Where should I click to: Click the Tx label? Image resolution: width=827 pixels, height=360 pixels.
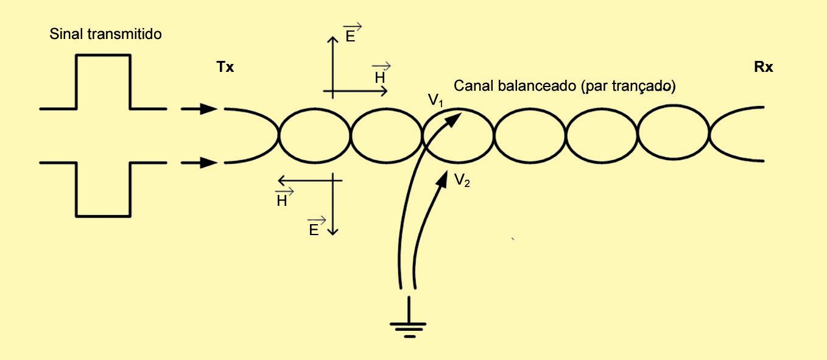click(225, 68)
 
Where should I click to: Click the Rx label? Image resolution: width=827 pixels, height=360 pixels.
click(763, 68)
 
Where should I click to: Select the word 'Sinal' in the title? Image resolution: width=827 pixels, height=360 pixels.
click(65, 34)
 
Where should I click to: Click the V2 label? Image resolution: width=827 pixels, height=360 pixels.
click(462, 180)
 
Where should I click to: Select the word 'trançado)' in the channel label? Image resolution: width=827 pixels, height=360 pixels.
click(647, 87)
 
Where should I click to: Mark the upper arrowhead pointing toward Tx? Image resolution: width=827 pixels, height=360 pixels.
click(209, 109)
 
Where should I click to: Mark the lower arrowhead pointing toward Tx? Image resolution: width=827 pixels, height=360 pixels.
click(209, 163)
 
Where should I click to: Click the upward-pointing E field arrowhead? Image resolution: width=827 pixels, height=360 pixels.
click(333, 40)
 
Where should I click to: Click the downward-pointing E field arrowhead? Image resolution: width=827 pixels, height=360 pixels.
click(333, 231)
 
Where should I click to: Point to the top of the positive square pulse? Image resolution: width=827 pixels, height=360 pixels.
click(103, 55)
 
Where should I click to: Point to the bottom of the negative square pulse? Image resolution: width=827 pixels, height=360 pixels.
click(103, 216)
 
